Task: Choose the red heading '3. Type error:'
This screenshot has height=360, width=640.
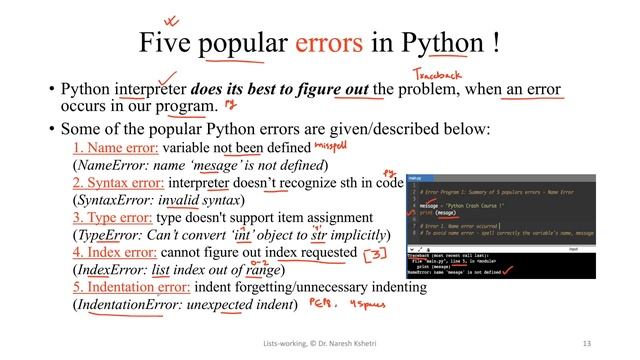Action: coord(103,217)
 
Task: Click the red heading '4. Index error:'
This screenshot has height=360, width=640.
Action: coord(105,253)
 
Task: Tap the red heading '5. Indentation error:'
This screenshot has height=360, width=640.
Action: coord(125,287)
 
